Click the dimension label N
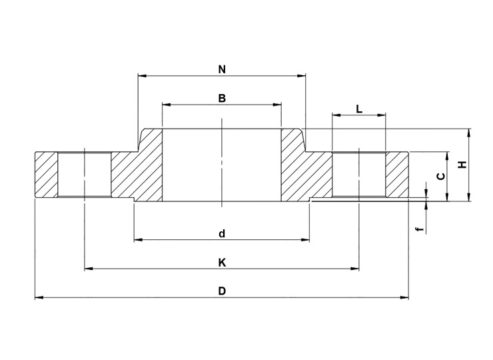[222, 69]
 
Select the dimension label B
[222, 98]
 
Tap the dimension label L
[359, 109]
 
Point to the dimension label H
[462, 165]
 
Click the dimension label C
[442, 177]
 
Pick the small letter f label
[418, 229]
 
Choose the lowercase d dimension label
[222, 234]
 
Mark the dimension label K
[222, 263]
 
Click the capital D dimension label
[222, 291]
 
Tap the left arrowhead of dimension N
[142, 75]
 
